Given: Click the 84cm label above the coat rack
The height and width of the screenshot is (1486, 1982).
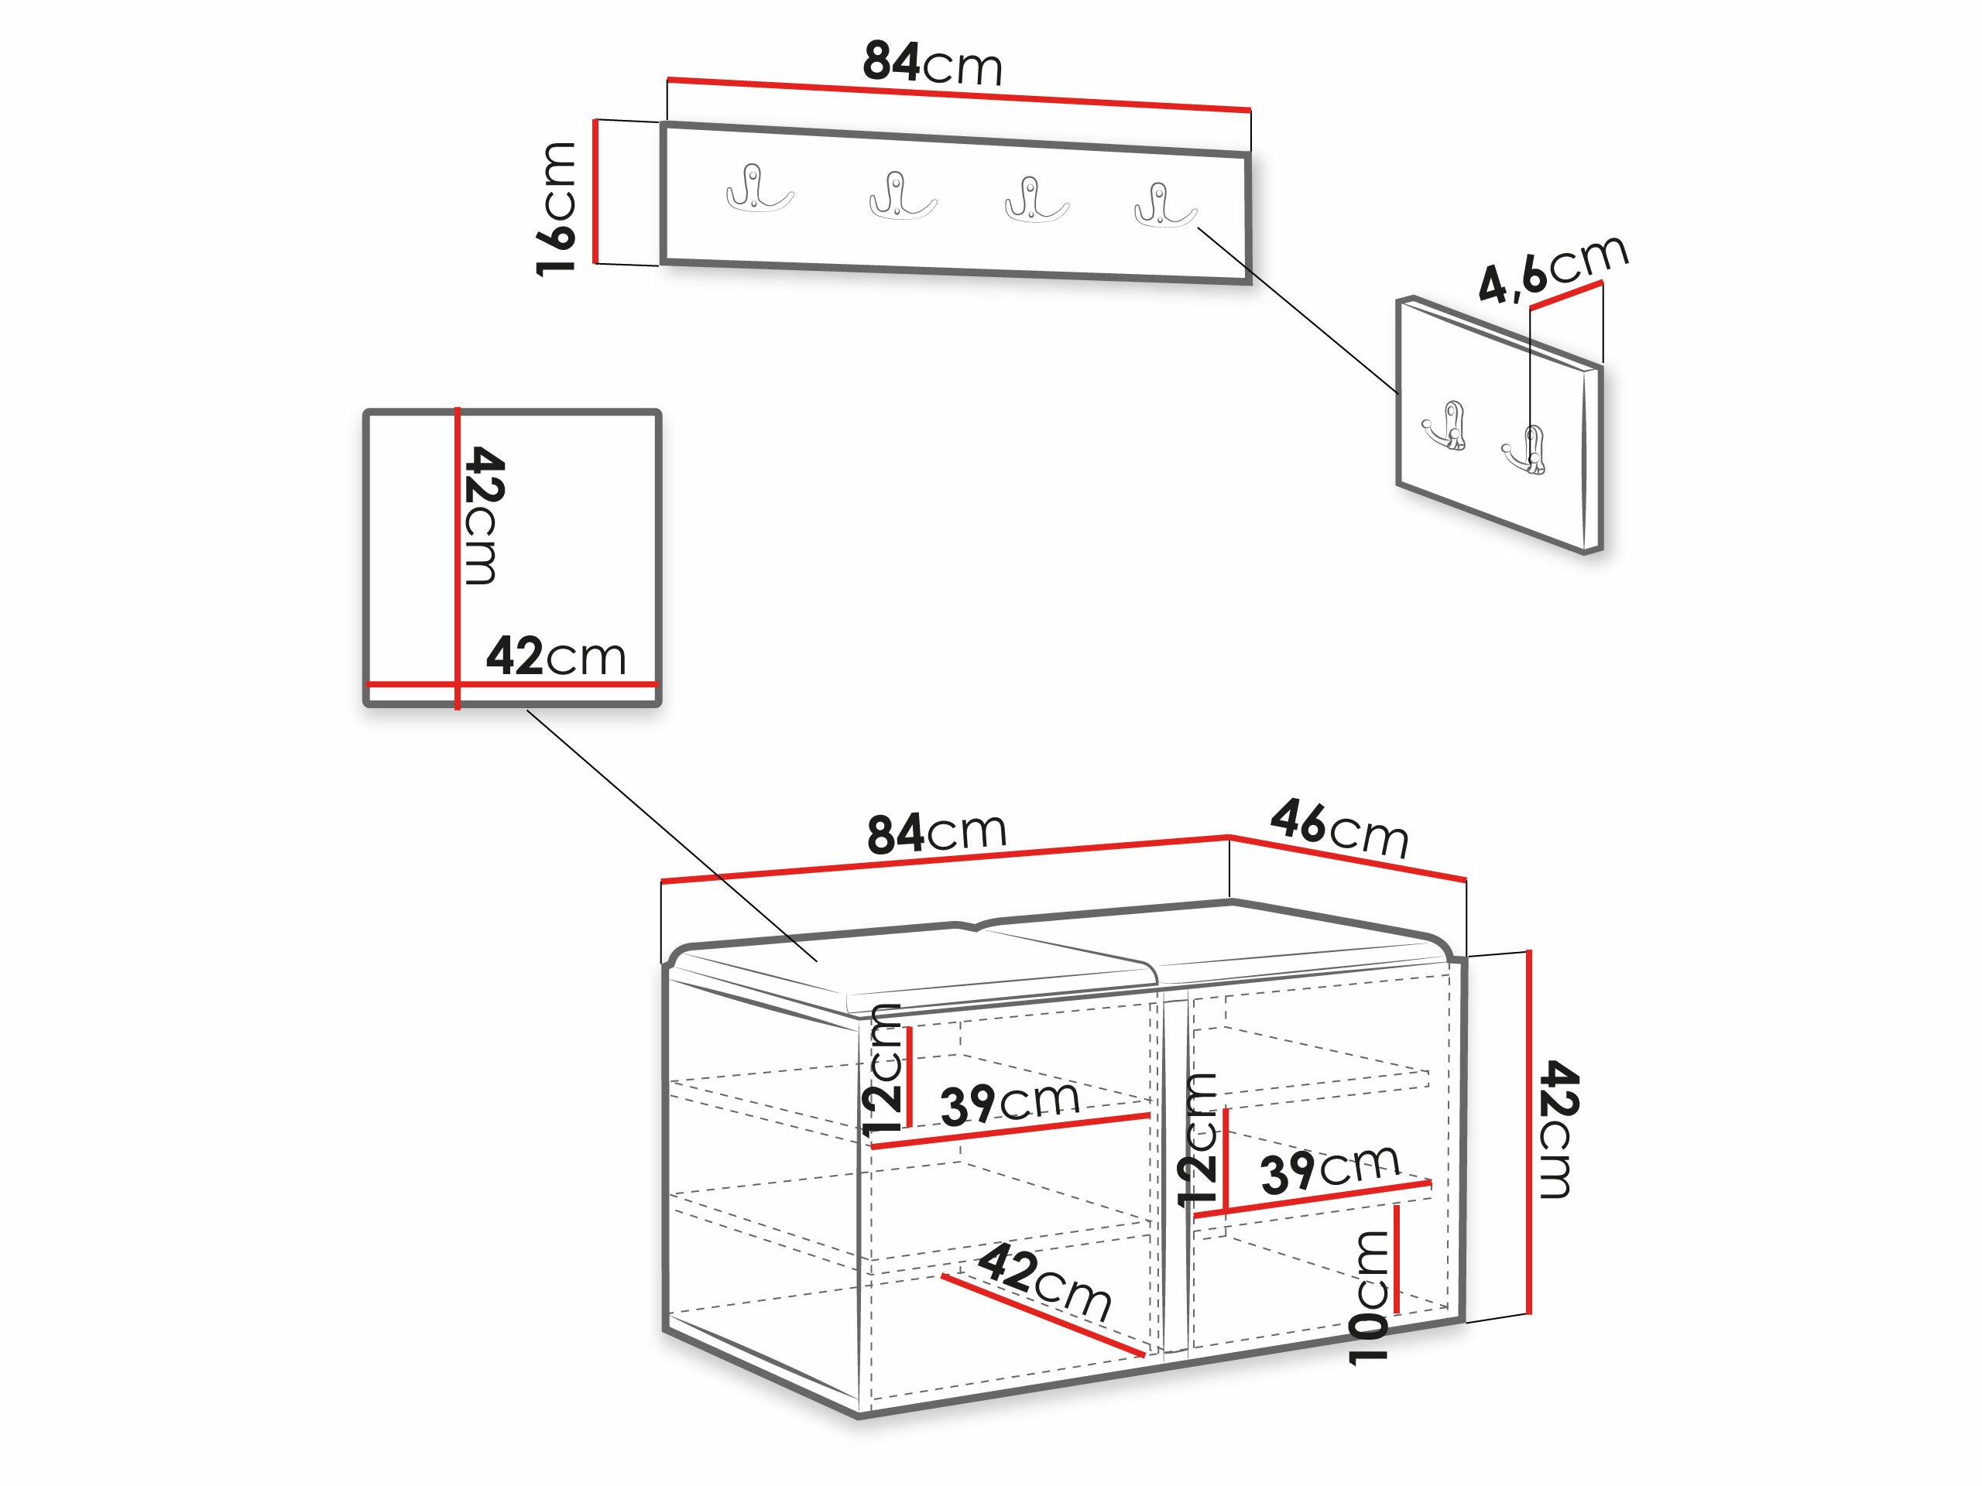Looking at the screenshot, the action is [932, 63].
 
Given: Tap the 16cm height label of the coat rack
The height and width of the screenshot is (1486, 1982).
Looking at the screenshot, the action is [556, 209].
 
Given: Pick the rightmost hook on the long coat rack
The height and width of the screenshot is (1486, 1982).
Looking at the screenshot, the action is [1165, 205].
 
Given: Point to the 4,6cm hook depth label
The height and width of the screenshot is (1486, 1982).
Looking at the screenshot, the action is [1553, 268].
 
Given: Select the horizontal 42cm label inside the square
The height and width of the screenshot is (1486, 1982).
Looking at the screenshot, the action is [556, 656].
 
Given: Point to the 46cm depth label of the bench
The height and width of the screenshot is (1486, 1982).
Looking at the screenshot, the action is [1339, 830].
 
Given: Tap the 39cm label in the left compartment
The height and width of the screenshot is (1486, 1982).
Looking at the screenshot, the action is [1010, 1104].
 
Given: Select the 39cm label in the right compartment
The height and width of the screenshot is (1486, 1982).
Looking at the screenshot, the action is [1329, 1169].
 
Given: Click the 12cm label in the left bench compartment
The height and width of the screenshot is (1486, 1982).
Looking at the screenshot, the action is [882, 1070].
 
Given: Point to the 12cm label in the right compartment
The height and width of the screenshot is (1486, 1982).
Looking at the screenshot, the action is [1197, 1139].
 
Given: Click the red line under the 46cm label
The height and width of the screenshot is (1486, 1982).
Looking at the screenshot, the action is [1348, 858].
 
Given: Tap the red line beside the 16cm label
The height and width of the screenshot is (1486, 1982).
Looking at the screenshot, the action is [595, 192].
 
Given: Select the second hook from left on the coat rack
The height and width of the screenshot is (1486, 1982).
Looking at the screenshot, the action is [902, 195].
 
